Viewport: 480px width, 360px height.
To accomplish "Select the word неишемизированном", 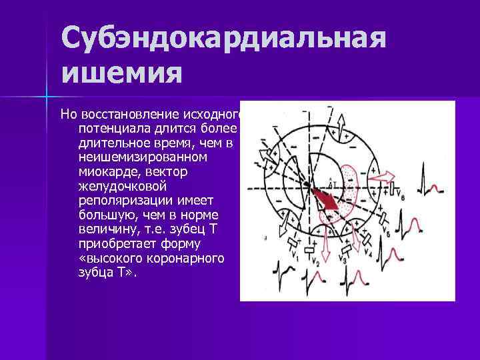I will click(x=143, y=157).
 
